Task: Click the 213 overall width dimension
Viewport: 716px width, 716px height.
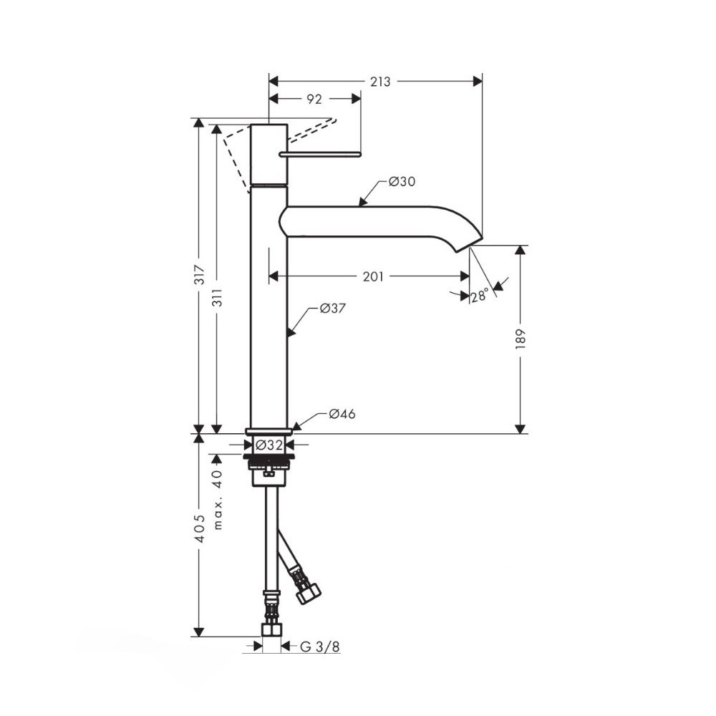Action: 380,82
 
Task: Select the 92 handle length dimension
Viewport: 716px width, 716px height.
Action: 314,99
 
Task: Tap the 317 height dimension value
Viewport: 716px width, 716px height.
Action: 200,274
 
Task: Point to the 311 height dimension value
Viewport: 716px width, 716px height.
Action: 218,297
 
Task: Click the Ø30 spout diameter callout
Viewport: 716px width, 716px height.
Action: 402,182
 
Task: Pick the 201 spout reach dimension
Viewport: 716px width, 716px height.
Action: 373,276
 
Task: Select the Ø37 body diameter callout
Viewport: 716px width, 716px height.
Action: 332,309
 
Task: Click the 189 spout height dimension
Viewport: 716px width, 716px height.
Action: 521,339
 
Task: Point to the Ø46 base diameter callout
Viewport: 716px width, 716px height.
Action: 342,414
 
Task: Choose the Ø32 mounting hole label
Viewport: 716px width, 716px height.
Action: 269,445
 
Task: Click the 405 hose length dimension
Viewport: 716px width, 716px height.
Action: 200,529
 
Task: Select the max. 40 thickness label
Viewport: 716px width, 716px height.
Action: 218,500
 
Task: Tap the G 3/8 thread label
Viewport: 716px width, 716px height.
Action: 320,647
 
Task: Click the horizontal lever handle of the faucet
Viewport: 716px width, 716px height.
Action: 321,154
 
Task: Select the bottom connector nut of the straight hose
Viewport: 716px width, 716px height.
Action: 271,630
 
